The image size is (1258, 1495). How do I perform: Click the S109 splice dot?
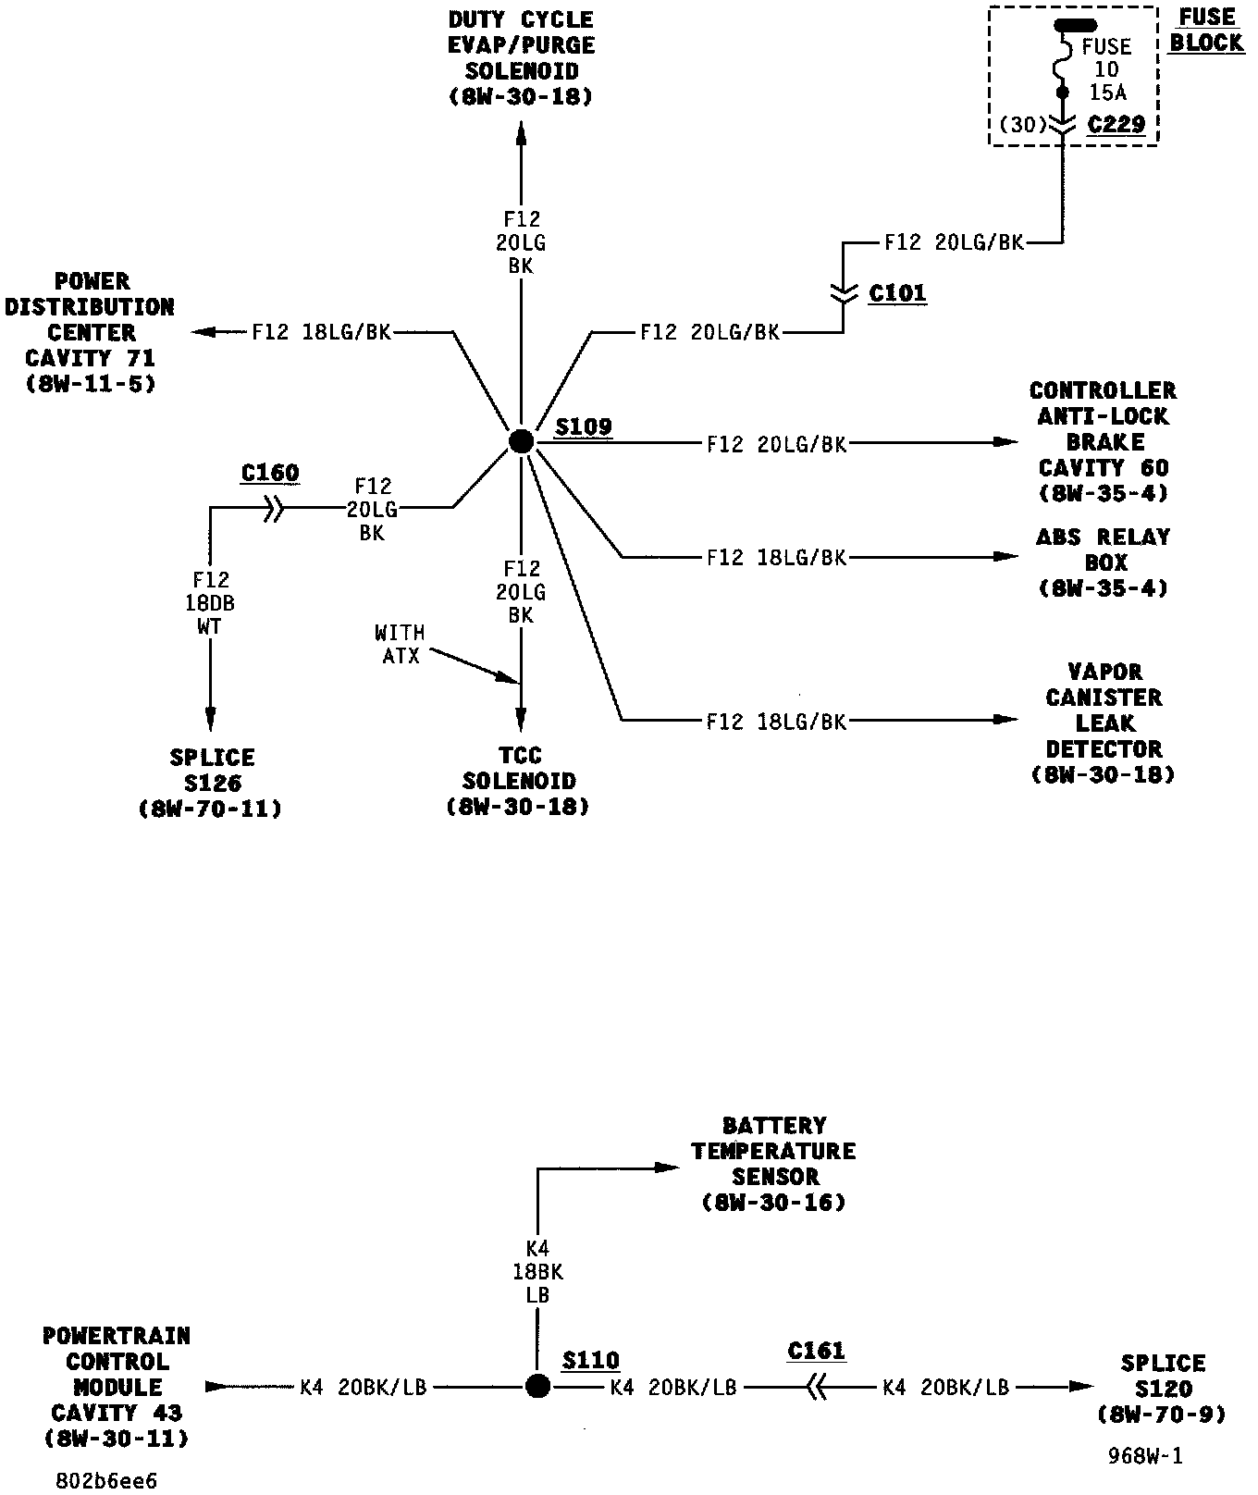coord(521,442)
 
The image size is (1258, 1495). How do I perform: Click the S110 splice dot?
coord(537,1386)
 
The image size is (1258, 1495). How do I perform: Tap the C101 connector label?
coord(897,293)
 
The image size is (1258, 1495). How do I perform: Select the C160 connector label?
coord(270,473)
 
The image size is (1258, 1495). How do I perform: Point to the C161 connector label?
coord(817,1351)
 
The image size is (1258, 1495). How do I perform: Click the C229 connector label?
coord(1116,124)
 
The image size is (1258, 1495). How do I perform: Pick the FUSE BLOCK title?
coord(1208,30)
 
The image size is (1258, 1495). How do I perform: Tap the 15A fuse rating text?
coord(1107,92)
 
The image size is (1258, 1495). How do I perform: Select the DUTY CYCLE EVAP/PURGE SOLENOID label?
coord(521,57)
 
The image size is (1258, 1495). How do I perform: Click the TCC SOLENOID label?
coord(519,781)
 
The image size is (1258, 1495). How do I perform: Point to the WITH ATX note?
coord(400,644)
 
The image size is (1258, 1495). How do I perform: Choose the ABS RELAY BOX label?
coord(1103,562)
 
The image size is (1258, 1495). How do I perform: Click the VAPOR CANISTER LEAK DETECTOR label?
coord(1103,723)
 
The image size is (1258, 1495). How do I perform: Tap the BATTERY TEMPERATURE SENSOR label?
coord(774,1164)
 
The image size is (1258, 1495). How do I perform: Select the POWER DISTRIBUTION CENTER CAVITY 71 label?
coord(90,331)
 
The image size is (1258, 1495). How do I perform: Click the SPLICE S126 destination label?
coord(211,783)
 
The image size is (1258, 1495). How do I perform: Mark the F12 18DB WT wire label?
coord(211,603)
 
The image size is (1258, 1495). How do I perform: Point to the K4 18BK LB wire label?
coord(537,1272)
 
